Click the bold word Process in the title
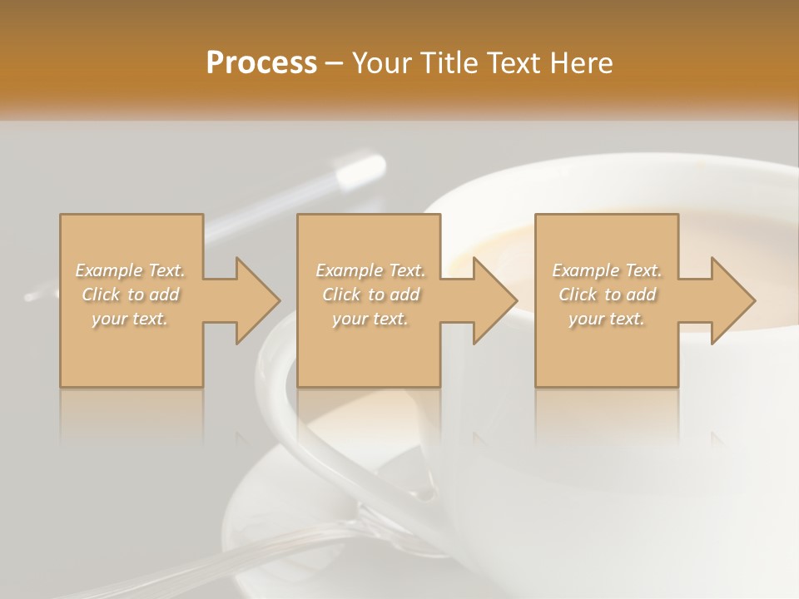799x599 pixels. [261, 62]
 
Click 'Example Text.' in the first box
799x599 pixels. [130, 270]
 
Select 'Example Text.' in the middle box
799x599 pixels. [370, 270]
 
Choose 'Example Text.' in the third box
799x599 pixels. [607, 270]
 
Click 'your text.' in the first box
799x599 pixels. [130, 319]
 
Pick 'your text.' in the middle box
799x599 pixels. [370, 319]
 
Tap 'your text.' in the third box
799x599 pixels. [607, 319]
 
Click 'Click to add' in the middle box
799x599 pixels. [370, 295]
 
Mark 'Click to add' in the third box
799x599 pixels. [607, 295]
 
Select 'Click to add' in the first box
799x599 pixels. [130, 295]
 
